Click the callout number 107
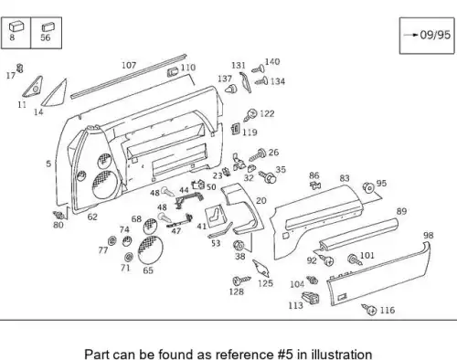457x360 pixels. point(129,65)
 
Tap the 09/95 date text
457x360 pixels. point(435,35)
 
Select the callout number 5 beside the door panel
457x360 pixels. point(48,164)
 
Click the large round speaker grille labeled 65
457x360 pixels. point(150,249)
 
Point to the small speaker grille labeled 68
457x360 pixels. point(150,226)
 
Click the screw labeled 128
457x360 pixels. point(241,280)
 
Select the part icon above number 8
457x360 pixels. point(16,26)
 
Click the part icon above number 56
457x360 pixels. point(48,27)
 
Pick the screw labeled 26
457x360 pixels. point(258,154)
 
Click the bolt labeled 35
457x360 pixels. point(268,176)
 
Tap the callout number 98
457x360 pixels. point(429,235)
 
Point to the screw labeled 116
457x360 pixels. point(369,309)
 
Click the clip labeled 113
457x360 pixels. point(311,298)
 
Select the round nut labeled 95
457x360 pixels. point(368,187)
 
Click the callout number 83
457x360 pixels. point(345,178)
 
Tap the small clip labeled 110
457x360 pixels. point(173,72)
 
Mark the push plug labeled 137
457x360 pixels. point(232,89)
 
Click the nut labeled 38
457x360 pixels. point(239,245)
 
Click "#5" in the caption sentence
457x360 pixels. point(285,355)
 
